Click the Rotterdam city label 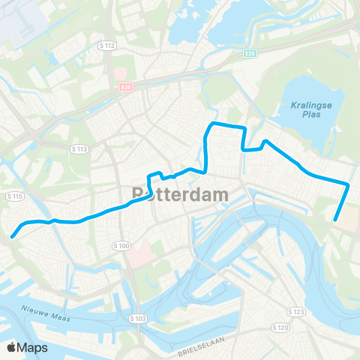pyautogui.click(x=180, y=193)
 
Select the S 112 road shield pyautogui.click(x=107, y=46)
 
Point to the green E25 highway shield pyautogui.click(x=250, y=53)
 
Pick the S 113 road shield pyautogui.click(x=79, y=149)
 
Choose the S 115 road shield pyautogui.click(x=14, y=196)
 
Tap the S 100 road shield pyautogui.click(x=121, y=245)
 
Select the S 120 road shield pyautogui.click(x=279, y=328)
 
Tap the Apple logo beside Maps pyautogui.click(x=11, y=347)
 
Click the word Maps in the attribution pyautogui.click(x=32, y=347)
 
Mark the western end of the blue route pyautogui.click(x=12, y=237)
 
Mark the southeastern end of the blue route pyautogui.click(x=335, y=220)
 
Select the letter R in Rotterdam pyautogui.click(x=139, y=193)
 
